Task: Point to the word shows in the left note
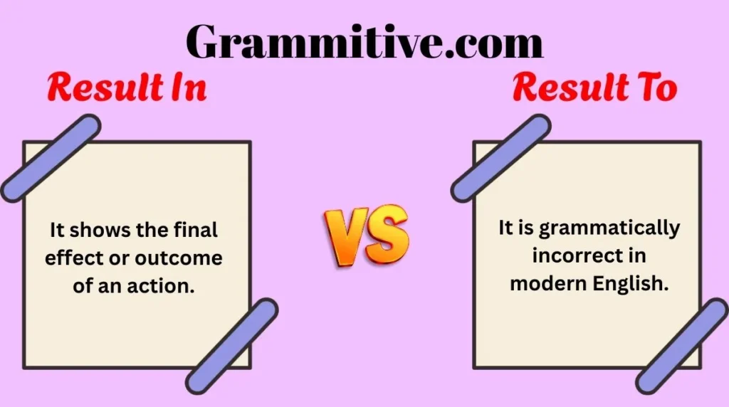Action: (100, 231)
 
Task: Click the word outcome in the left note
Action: (187, 258)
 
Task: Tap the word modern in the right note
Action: (548, 282)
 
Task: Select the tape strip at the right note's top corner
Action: (500, 158)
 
